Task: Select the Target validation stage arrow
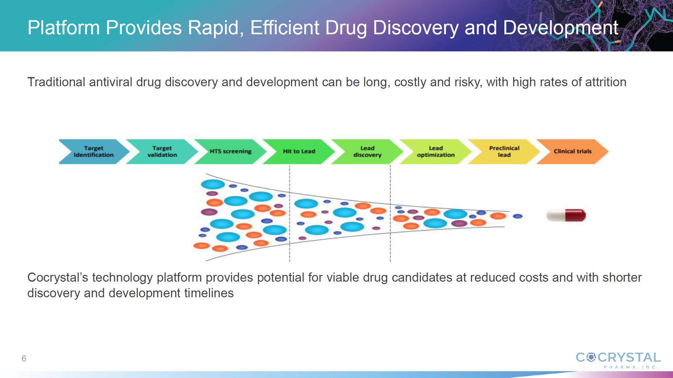pos(162,152)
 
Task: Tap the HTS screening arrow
pos(230,152)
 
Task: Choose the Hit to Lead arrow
pos(299,152)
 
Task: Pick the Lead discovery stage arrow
pos(367,152)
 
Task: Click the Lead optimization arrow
pos(436,152)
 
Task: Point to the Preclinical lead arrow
pos(504,152)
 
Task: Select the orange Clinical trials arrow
pos(573,152)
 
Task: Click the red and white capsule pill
pos(566,215)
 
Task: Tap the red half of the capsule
pos(576,215)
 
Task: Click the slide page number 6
pos(24,358)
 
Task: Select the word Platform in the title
pos(64,28)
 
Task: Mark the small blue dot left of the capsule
pos(518,216)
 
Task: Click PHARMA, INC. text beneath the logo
pos(631,367)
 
